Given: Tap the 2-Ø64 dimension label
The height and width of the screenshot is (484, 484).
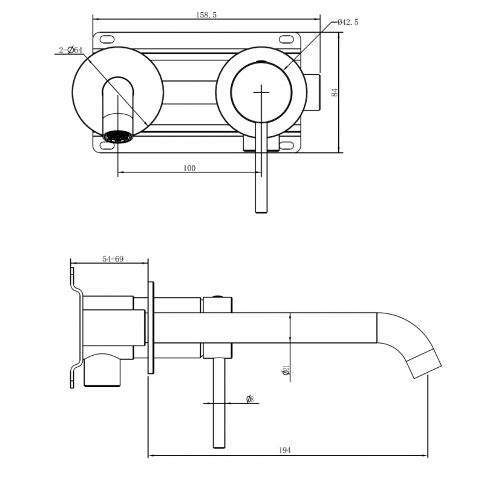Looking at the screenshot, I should point(71,50).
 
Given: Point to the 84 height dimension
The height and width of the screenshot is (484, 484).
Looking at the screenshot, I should point(334,92).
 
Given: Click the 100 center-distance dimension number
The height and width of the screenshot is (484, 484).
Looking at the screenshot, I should point(189,168).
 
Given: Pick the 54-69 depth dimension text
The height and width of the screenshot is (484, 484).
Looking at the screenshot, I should point(113,259).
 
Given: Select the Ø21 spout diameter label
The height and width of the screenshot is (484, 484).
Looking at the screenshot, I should point(286,370).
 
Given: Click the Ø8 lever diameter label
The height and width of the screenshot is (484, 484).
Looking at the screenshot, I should point(250,399).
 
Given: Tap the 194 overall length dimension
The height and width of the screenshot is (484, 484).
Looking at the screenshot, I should point(285,450).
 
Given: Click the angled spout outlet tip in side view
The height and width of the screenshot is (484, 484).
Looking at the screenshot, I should point(427,362).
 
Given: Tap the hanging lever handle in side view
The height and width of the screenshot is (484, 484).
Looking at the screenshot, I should point(219,405).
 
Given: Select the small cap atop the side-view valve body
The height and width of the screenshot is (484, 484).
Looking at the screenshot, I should point(217,297).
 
